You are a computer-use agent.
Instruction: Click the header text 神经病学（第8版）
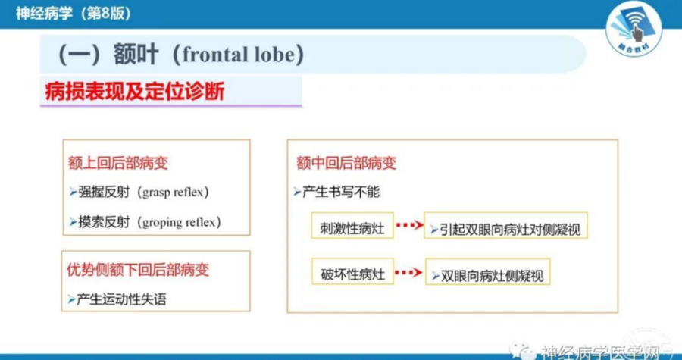74,14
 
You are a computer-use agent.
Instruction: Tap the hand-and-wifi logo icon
634,29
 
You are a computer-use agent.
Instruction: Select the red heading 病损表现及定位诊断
135,92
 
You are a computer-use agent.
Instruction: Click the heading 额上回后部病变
118,163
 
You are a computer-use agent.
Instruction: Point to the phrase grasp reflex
173,193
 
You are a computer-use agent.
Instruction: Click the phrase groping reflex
179,222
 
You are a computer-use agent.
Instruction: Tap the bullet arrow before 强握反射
73,192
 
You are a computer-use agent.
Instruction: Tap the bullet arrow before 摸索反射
73,222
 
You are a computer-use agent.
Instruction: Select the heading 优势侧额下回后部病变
138,270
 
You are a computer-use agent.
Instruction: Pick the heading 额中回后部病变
346,163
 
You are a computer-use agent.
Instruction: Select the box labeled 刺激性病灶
352,225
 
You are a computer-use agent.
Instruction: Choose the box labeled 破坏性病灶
352,272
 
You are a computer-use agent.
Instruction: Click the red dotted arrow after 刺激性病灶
409,225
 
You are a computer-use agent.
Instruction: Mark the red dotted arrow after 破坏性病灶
408,273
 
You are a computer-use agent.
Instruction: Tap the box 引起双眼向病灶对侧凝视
506,225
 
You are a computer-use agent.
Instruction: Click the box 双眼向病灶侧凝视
488,272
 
